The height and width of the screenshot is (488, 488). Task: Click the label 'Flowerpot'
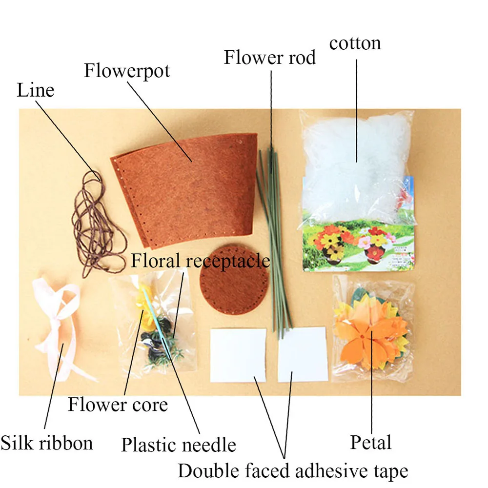pos(127,70)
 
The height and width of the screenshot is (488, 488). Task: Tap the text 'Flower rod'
pos(269,58)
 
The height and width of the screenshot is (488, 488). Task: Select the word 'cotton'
pos(355,43)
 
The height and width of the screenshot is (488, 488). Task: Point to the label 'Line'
pos(35,90)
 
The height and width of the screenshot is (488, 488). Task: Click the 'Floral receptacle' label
pos(200,261)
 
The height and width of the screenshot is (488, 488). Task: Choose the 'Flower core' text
pos(118,405)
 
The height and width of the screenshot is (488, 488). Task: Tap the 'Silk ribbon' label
pos(46,443)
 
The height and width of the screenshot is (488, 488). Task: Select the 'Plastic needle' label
pos(178,445)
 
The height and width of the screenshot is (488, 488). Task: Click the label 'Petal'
pos(371,443)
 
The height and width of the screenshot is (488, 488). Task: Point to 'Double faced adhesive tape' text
pos(292,471)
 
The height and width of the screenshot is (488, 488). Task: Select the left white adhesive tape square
pos(238,355)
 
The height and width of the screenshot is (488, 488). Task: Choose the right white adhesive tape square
pos(302,355)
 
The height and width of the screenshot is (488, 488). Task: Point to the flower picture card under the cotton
pos(359,244)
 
